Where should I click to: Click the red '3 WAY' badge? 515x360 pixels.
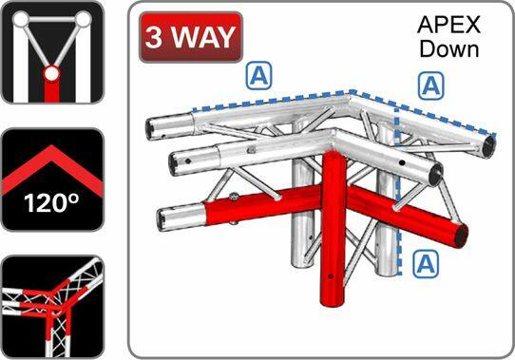[x=191, y=38]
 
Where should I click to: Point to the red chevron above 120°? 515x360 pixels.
[x=51, y=161]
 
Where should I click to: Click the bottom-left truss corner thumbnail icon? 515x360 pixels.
[x=51, y=305]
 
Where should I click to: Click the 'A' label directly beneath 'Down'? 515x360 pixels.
[x=430, y=85]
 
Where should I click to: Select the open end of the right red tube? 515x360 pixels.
[x=459, y=233]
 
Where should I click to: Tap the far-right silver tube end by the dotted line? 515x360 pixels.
[x=486, y=146]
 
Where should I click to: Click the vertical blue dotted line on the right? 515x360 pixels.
[x=397, y=190]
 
